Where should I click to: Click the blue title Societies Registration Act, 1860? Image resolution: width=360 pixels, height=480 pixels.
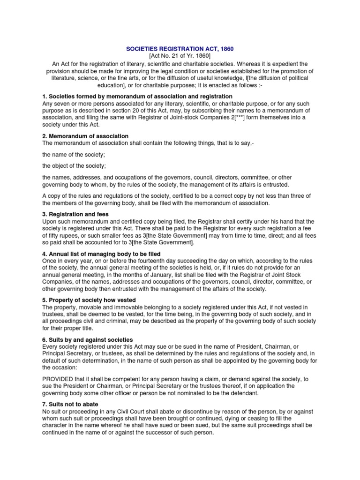pos(180,49)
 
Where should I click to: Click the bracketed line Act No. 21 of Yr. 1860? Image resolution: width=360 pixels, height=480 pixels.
pos(180,56)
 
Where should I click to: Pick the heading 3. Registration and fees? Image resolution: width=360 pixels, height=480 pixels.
pos(75,214)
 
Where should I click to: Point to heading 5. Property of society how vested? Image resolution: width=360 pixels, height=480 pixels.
pos(89,300)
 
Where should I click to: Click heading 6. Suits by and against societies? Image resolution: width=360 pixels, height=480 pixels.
pos(88,339)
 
